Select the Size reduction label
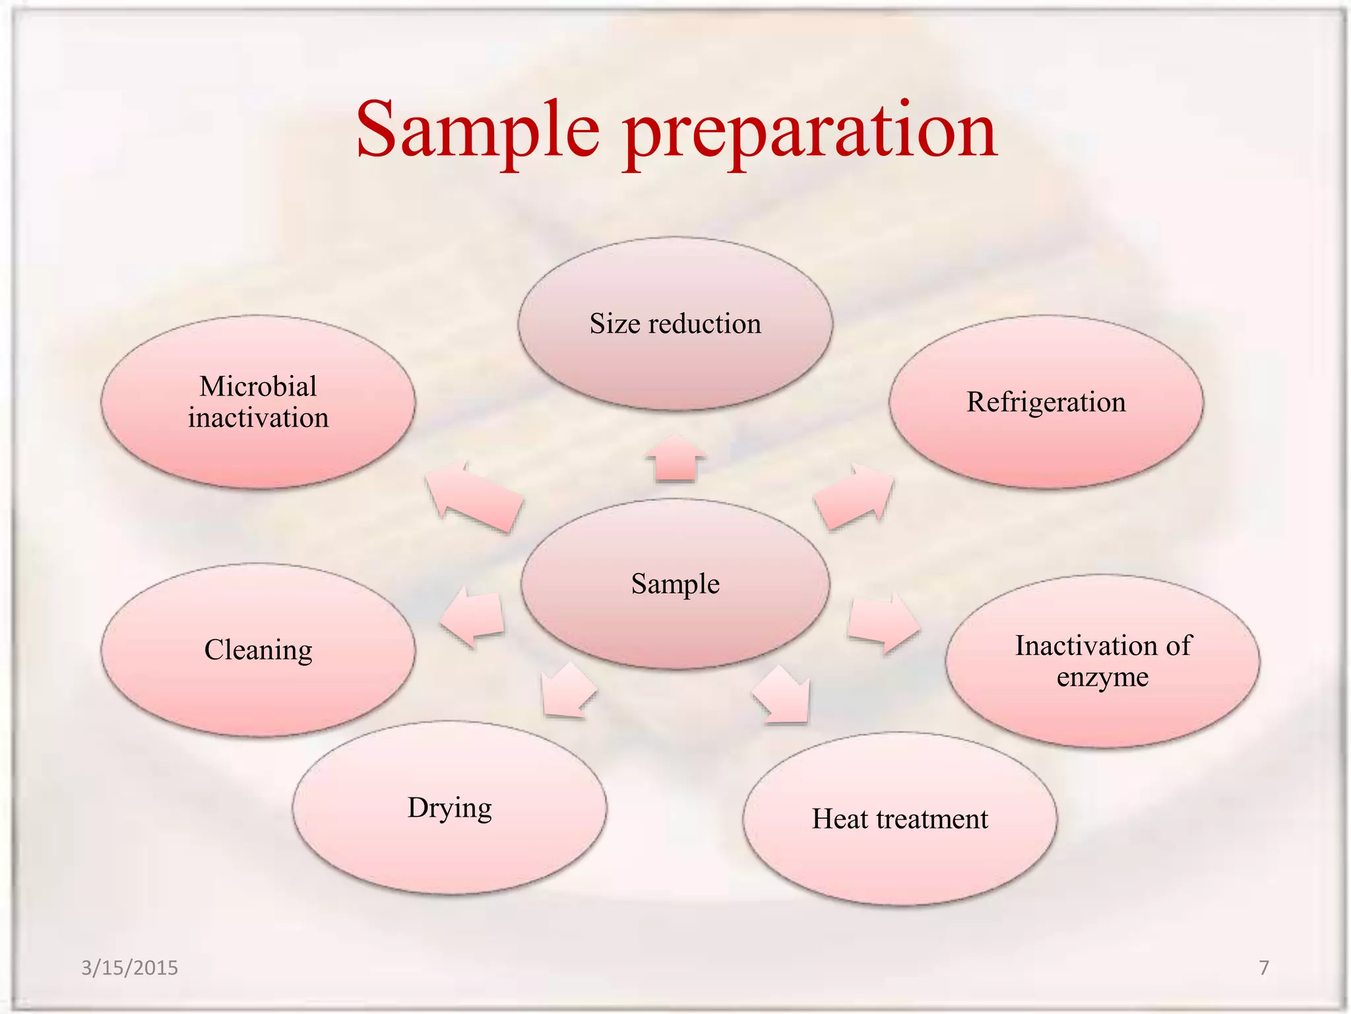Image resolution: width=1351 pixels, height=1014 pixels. coord(675,324)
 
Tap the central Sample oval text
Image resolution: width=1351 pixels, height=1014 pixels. coord(675,584)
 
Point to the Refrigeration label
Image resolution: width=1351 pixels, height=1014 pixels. coord(1046,402)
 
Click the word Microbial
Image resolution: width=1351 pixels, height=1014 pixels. coord(258,386)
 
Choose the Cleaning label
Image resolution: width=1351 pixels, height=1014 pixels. coord(258,650)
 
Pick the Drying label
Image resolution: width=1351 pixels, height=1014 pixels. coord(449,808)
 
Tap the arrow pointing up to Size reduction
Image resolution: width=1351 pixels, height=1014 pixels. coord(675,459)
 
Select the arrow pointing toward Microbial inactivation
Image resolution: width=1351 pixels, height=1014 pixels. coord(473,497)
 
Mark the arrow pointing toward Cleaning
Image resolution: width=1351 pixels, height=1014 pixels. coord(474,617)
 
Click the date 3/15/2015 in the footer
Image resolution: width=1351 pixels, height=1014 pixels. coord(129,968)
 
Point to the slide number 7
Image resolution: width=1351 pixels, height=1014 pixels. coord(1263,968)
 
